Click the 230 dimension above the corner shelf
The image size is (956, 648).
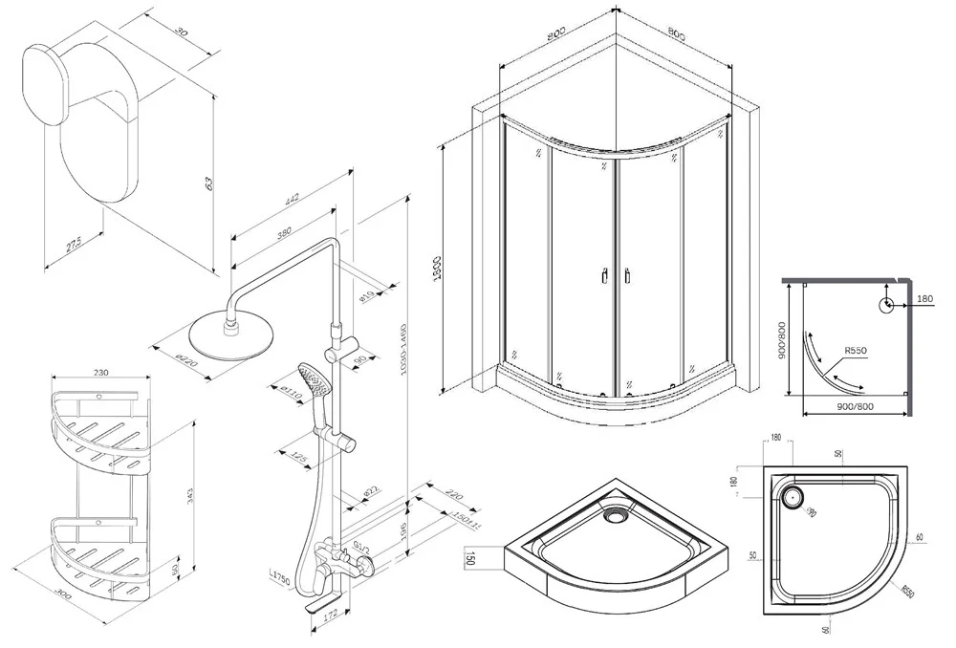pos(101,373)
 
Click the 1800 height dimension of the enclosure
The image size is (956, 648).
pos(436,267)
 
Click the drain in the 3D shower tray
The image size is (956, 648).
pos(614,516)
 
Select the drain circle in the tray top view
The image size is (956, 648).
pos(793,497)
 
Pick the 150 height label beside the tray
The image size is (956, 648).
pos(470,557)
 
